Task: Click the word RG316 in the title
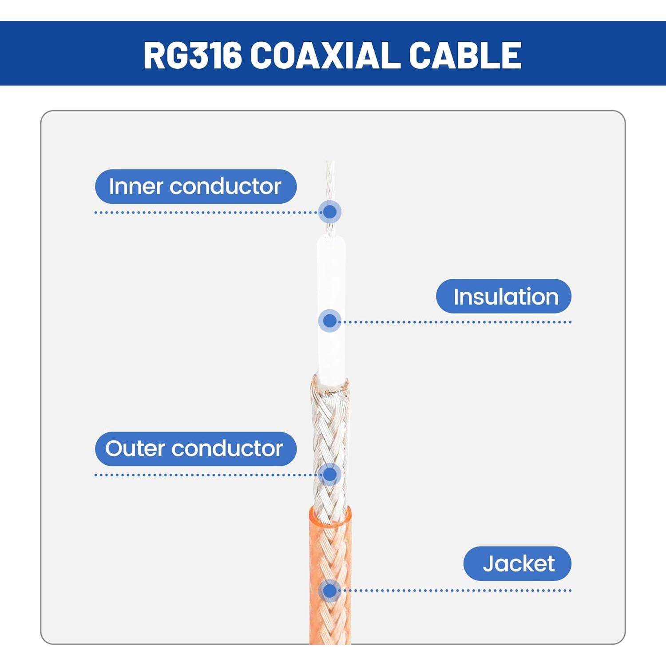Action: pos(193,55)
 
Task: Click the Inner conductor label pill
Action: pos(195,186)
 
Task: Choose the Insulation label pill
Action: pos(503,296)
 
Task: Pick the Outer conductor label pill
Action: pos(195,448)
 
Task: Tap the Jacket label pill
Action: pos(517,563)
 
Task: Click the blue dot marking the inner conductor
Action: pos(329,212)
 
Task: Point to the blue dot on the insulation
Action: pos(329,321)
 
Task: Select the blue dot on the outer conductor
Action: pos(329,474)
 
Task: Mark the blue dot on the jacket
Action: pos(329,591)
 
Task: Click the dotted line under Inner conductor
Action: pos(204,213)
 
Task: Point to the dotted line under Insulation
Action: pos(457,322)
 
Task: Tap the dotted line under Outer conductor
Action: pos(204,475)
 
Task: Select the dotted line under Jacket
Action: pos(457,591)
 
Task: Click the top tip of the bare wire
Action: pos(329,163)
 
